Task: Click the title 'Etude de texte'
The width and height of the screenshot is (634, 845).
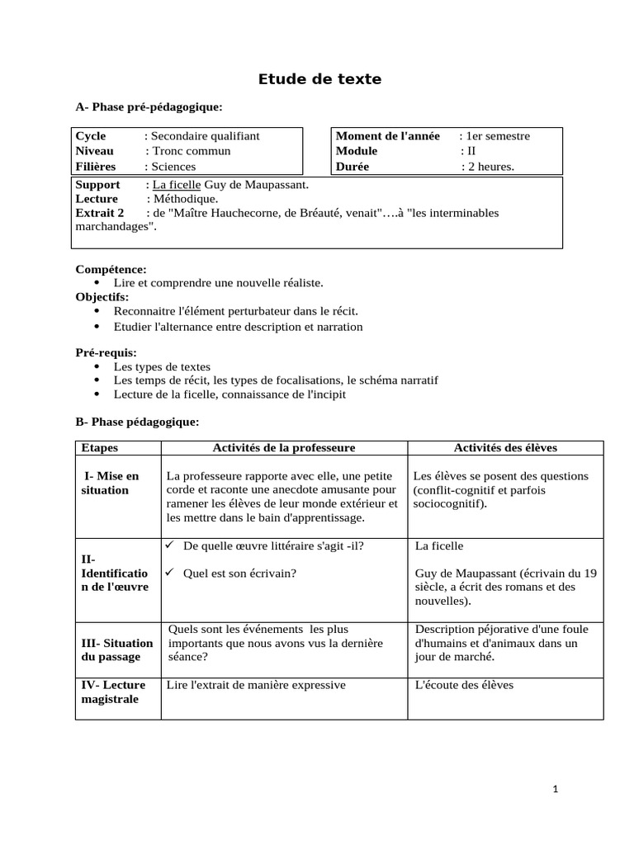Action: click(319, 79)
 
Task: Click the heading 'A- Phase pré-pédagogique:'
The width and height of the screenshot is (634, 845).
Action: click(149, 107)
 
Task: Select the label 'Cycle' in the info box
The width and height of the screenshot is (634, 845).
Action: click(91, 136)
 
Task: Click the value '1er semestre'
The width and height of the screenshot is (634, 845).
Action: click(498, 136)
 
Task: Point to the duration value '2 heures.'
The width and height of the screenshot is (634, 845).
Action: click(490, 167)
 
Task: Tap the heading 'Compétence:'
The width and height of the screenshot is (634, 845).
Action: click(111, 270)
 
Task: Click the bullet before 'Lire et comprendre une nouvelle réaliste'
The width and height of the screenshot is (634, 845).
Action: click(97, 283)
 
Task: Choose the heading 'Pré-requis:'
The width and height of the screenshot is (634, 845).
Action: click(106, 353)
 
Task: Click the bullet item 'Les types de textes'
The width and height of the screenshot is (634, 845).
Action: click(162, 366)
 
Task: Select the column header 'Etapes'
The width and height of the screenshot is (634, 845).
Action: click(99, 448)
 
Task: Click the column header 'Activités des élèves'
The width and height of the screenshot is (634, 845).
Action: click(505, 448)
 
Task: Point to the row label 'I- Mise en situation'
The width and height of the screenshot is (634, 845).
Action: click(110, 483)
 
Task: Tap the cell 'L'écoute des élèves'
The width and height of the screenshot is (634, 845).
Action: click(464, 685)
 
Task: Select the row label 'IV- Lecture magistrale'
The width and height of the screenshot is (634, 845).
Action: click(113, 692)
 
